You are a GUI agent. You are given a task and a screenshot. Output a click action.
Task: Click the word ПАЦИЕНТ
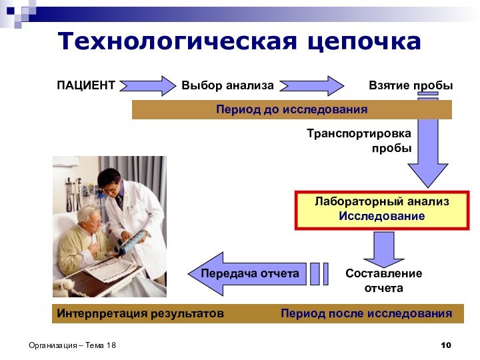point(85,86)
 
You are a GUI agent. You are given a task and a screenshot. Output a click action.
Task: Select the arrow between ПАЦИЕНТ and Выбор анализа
point(147,86)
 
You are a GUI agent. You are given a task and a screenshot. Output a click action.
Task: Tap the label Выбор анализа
point(227,86)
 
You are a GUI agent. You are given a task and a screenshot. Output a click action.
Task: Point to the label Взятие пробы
point(411,86)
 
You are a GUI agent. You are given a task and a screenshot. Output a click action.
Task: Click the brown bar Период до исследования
point(291,109)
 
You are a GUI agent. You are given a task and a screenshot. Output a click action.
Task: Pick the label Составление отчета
point(383,281)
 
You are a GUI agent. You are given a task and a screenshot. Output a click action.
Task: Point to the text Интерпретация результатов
point(140,313)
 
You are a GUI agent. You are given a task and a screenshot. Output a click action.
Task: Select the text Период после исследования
point(366,313)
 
